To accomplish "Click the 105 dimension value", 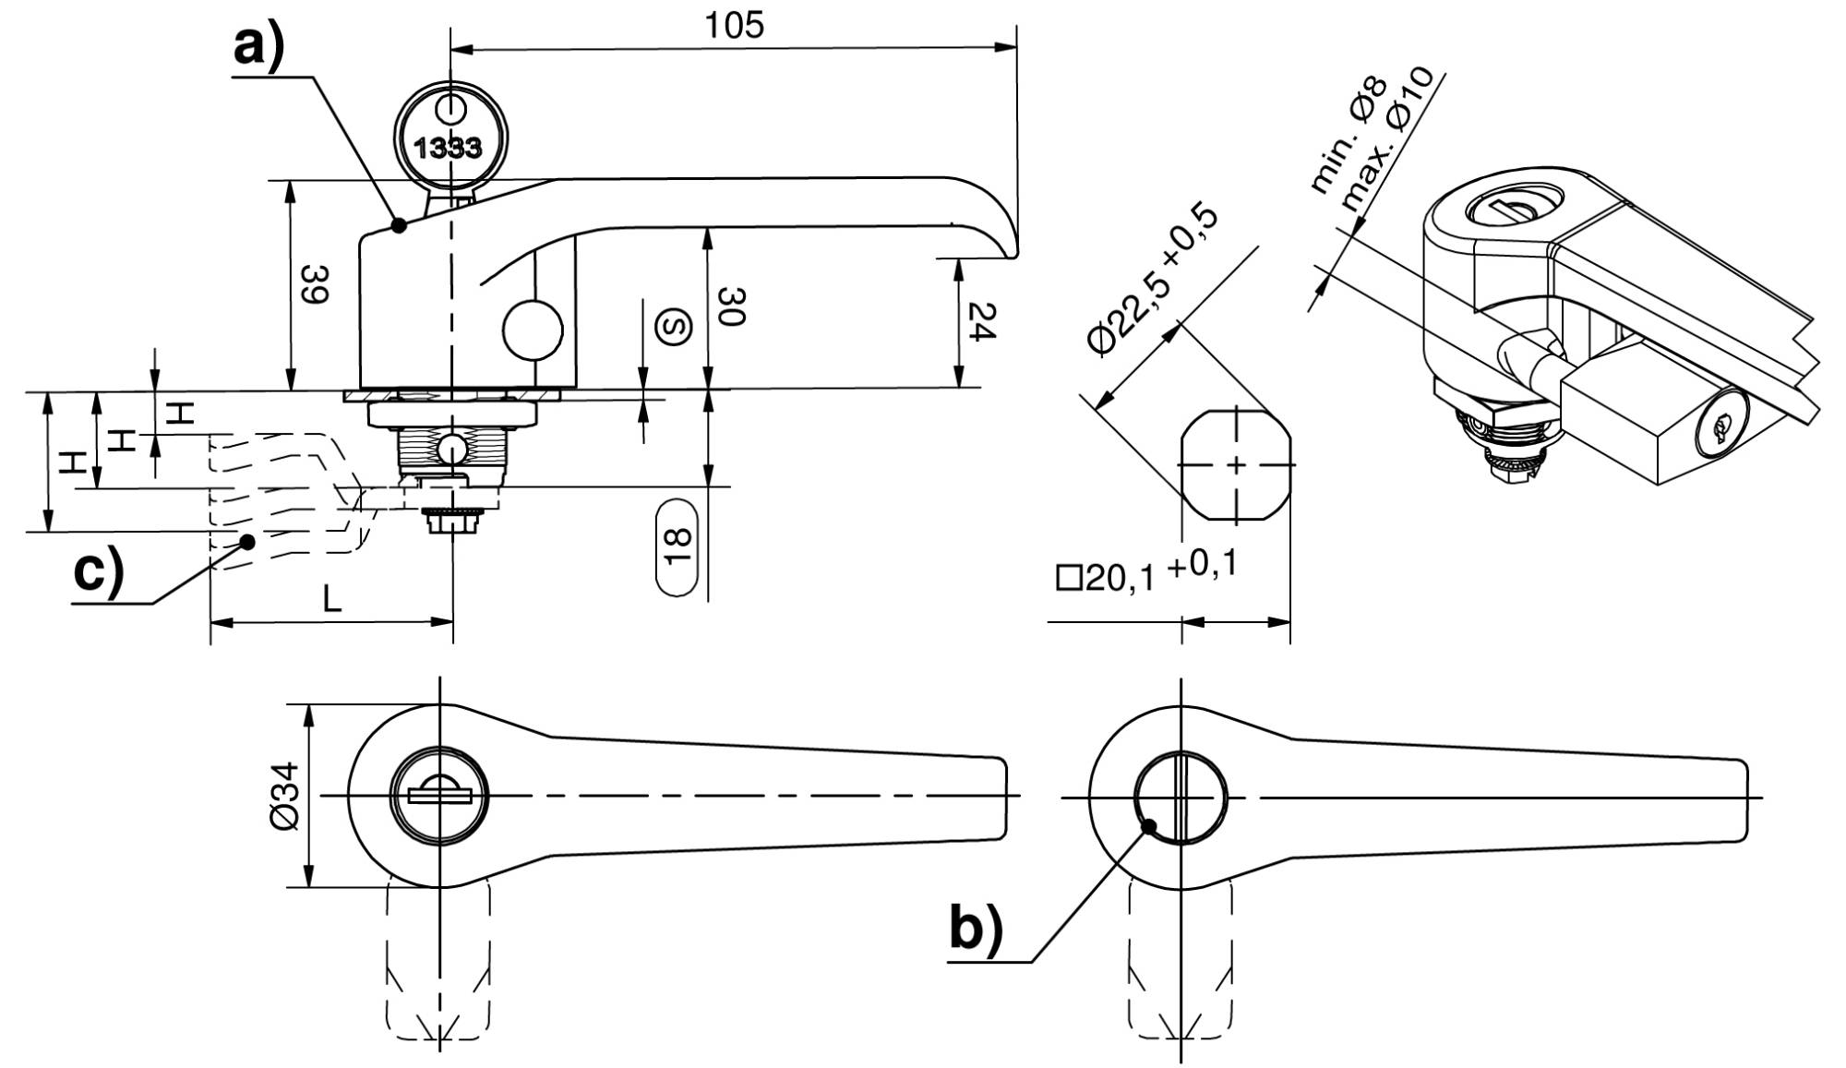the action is coord(735,24).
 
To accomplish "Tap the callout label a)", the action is coord(258,46).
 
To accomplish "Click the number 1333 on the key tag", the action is coord(448,148).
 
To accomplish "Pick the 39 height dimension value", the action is coord(315,284).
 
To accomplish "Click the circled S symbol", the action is coord(674,327).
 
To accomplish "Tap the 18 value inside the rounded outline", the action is coord(677,547).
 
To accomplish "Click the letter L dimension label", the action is coord(332,600).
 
